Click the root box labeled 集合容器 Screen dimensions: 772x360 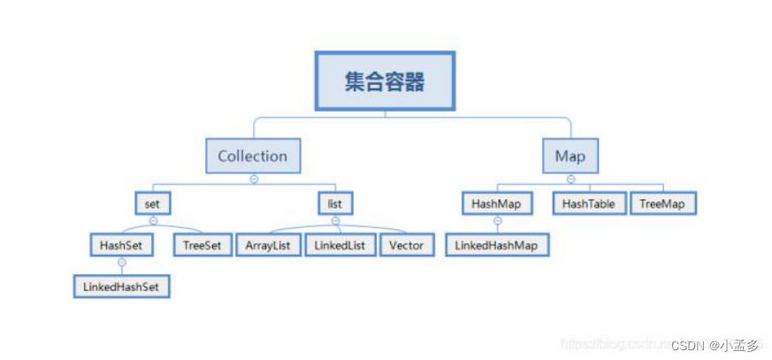pyautogui.click(x=385, y=81)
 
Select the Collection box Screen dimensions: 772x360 pyautogui.click(x=253, y=157)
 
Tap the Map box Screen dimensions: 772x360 pyautogui.click(x=570, y=157)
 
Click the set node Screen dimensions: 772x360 pyautogui.click(x=152, y=203)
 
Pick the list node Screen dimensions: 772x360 pyautogui.click(x=335, y=203)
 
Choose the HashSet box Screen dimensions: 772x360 pyautogui.click(x=122, y=245)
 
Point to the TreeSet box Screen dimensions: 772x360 pyautogui.click(x=203, y=245)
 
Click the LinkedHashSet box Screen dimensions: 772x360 pyautogui.click(x=121, y=287)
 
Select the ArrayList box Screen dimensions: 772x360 pyautogui.click(x=268, y=245)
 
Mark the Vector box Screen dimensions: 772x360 pyautogui.click(x=407, y=245)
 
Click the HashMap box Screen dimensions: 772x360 pyautogui.click(x=497, y=203)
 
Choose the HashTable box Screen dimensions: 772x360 pyautogui.click(x=587, y=203)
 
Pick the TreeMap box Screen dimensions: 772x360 pyautogui.click(x=662, y=203)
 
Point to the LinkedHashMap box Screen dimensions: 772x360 pyautogui.click(x=497, y=245)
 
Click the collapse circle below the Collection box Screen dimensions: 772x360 pyautogui.click(x=254, y=179)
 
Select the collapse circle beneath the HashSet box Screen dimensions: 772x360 pyautogui.click(x=122, y=263)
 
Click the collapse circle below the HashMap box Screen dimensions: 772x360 pyautogui.click(x=497, y=221)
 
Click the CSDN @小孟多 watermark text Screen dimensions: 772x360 pyautogui.click(x=715, y=346)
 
